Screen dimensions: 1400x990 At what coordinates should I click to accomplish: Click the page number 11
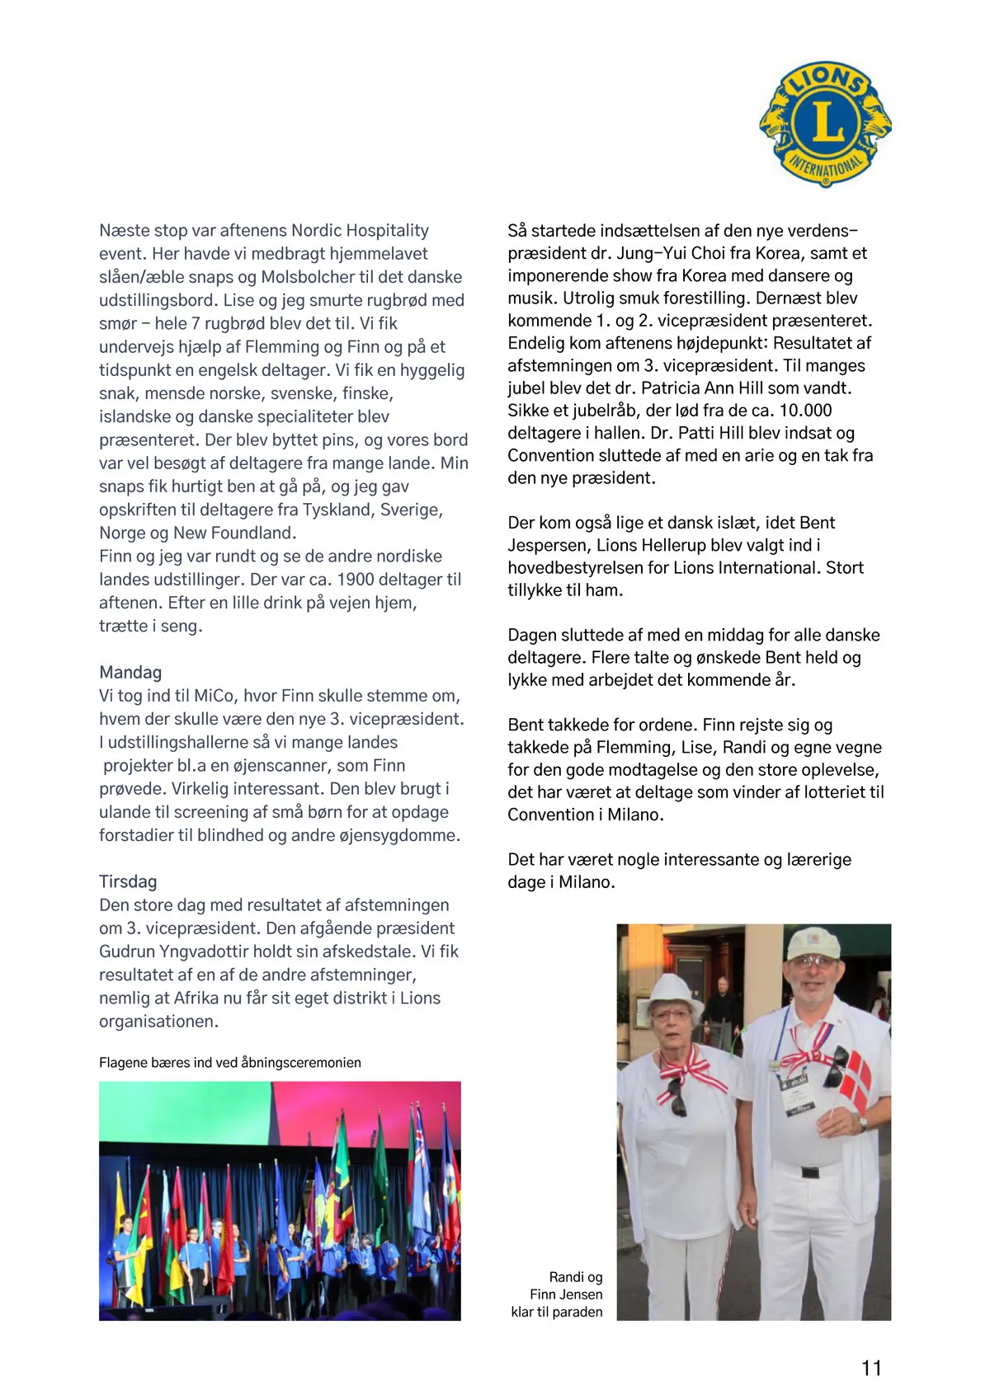point(871,1368)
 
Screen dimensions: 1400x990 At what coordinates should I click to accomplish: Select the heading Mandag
point(130,672)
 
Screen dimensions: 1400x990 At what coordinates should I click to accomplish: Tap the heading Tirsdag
point(128,881)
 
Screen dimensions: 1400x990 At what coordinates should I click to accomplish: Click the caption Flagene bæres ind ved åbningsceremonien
point(230,1062)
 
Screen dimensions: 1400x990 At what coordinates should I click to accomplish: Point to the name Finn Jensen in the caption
point(566,1294)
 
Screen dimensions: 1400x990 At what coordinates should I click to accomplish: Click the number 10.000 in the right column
point(805,411)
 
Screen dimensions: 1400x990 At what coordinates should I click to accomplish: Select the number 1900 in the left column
point(356,580)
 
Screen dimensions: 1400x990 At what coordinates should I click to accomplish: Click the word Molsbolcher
point(307,277)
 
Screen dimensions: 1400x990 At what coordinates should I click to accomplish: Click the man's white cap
point(813,943)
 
